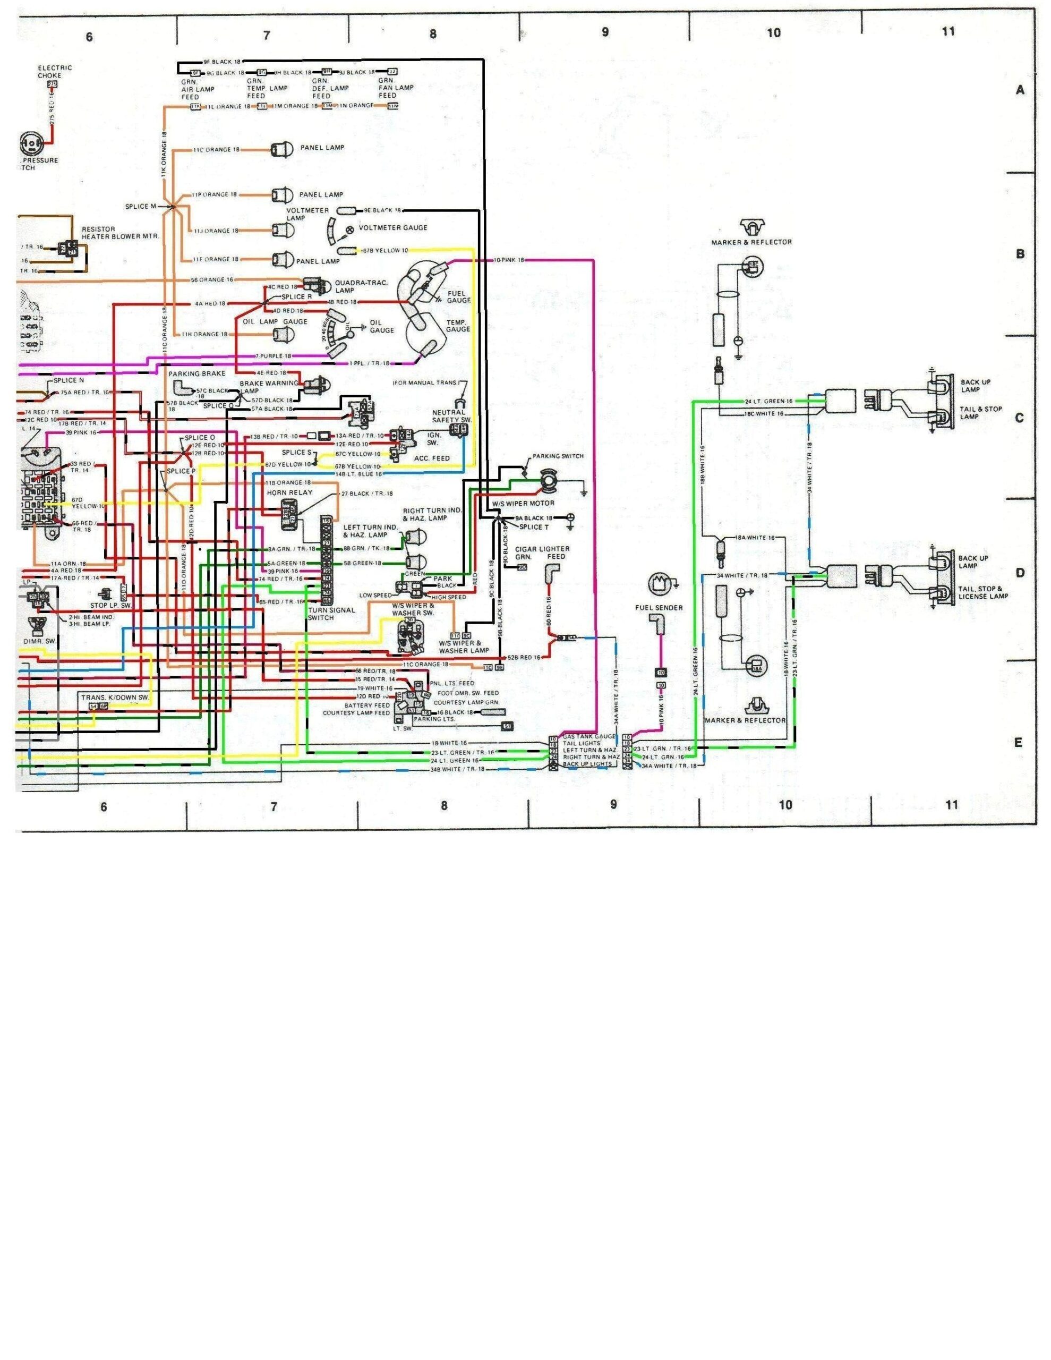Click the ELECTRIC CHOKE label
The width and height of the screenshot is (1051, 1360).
coord(55,72)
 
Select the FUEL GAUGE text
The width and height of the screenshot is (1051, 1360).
coord(458,296)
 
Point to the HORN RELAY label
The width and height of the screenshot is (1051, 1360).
coord(289,492)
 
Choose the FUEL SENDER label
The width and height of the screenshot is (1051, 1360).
coord(659,607)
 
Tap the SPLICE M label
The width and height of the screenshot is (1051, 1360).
coord(141,206)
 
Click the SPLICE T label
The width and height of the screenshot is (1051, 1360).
coord(534,527)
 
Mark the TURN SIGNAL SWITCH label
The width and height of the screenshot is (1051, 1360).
coord(331,614)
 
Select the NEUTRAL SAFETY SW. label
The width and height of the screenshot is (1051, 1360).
coord(449,416)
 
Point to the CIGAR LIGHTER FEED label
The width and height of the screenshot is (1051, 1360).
coord(542,553)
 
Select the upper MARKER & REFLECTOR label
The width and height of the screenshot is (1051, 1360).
coord(751,242)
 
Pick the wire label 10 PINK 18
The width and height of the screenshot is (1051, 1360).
coord(509,259)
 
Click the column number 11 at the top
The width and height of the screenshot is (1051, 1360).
coord(947,31)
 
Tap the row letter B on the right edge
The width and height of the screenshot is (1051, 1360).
coord(1020,254)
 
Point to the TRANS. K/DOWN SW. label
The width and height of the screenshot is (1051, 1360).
coord(115,698)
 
